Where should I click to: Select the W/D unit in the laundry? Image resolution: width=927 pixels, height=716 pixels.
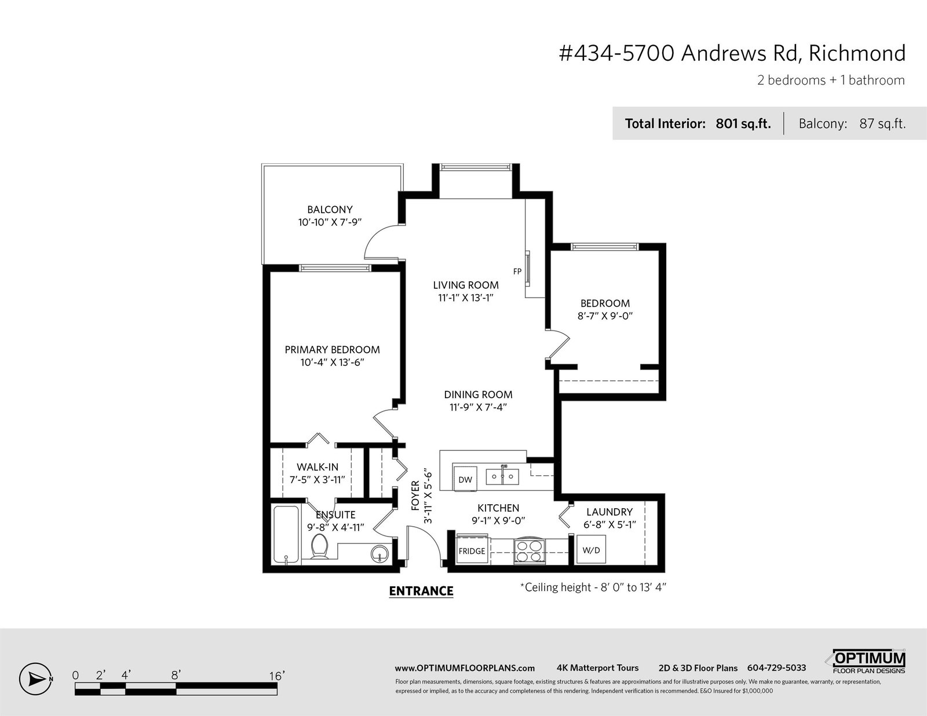pyautogui.click(x=592, y=550)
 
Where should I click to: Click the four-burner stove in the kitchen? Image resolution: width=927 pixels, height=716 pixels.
pyautogui.click(x=530, y=550)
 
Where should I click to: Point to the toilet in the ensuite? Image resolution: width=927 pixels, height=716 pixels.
pyautogui.click(x=319, y=546)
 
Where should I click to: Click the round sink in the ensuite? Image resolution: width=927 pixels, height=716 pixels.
pyautogui.click(x=379, y=555)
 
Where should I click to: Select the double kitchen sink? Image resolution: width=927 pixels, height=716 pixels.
pyautogui.click(x=502, y=476)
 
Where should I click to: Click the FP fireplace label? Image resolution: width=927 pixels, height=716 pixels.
pyautogui.click(x=517, y=271)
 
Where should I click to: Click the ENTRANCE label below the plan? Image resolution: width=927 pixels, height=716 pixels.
pyautogui.click(x=421, y=591)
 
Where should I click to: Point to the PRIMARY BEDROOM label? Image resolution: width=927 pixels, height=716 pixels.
pyautogui.click(x=332, y=350)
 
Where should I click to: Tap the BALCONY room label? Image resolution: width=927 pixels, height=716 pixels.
pyautogui.click(x=330, y=210)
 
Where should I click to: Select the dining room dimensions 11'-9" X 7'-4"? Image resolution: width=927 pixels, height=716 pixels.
pyautogui.click(x=478, y=407)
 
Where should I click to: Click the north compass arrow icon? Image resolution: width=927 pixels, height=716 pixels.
pyautogui.click(x=35, y=679)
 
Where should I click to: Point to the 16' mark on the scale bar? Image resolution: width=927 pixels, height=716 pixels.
pyautogui.click(x=276, y=676)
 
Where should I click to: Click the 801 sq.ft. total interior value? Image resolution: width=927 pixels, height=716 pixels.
pyautogui.click(x=743, y=124)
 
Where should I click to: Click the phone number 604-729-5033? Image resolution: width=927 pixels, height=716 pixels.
pyautogui.click(x=776, y=668)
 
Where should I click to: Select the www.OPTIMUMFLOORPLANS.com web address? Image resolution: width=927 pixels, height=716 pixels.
pyautogui.click(x=465, y=669)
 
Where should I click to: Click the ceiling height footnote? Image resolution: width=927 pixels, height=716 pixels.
pyautogui.click(x=593, y=588)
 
